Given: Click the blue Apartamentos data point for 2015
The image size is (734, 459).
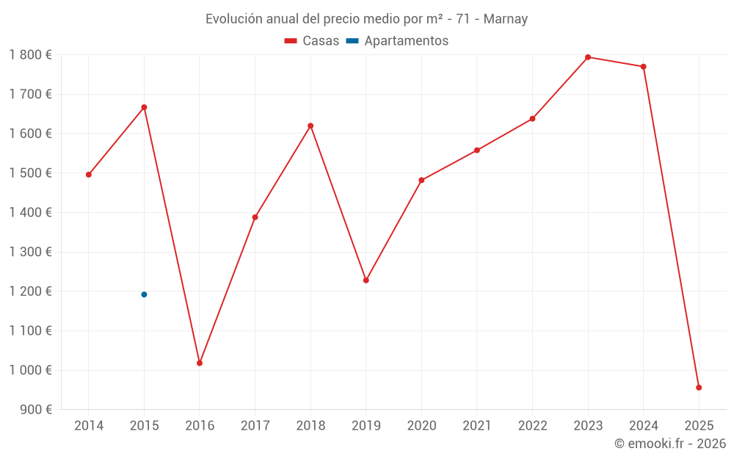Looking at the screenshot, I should click(x=144, y=294).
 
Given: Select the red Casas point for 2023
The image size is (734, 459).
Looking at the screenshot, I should click(x=588, y=57).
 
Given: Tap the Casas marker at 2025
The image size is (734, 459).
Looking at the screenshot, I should click(x=699, y=387).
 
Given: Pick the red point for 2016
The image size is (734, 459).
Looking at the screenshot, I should click(x=200, y=363).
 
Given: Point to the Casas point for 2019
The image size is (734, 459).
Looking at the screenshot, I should click(x=366, y=280).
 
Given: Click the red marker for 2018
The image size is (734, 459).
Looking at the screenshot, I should click(x=310, y=126).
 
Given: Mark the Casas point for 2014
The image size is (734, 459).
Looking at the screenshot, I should click(x=89, y=175).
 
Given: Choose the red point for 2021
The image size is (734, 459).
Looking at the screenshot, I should click(x=477, y=151).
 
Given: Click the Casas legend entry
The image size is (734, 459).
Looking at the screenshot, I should click(x=312, y=41).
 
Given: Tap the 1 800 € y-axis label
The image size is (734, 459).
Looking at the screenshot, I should click(x=30, y=54).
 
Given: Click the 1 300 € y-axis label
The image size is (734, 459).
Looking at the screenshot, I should click(x=30, y=252).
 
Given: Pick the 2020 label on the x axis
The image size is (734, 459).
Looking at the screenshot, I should click(x=421, y=426).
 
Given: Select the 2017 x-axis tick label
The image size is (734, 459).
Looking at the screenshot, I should click(x=255, y=426).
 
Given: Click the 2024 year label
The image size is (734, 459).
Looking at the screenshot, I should click(x=644, y=426).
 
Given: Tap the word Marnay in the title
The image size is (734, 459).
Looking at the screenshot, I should click(x=505, y=19).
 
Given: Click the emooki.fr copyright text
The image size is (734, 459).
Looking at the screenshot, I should click(x=670, y=444).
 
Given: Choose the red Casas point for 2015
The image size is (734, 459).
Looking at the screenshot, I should click(x=144, y=107).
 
